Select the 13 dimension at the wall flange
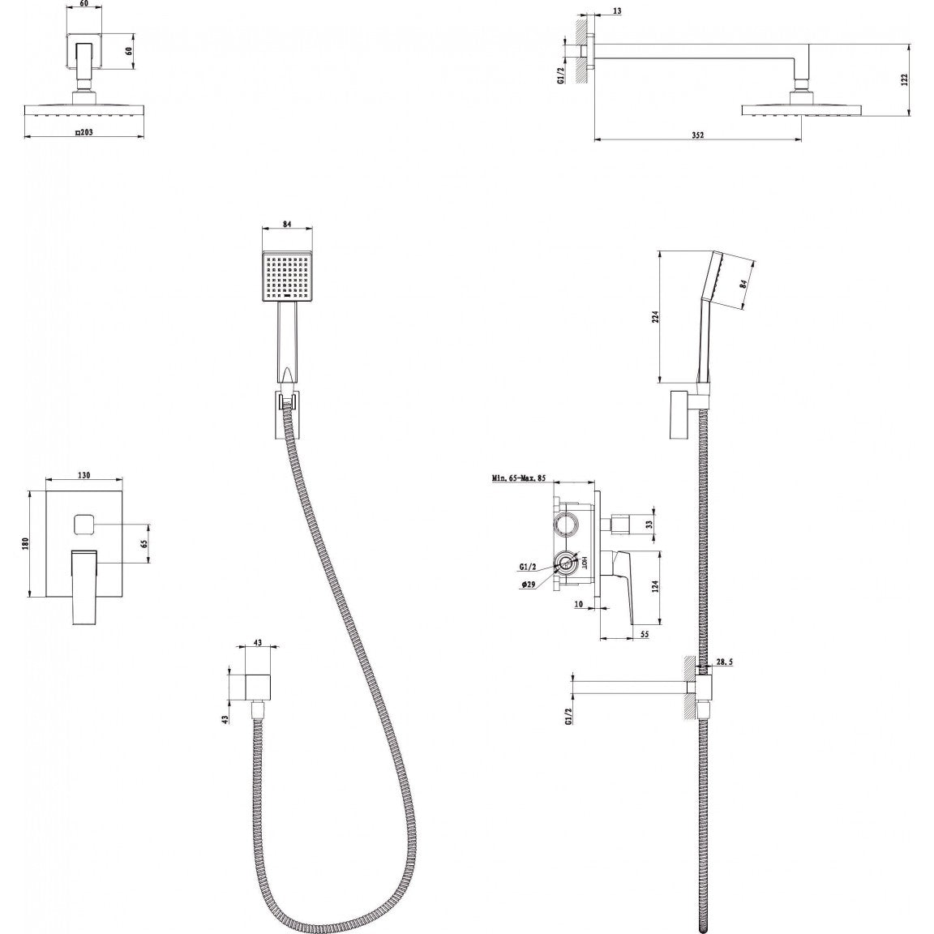619,11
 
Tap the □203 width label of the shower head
85,132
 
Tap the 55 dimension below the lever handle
644,635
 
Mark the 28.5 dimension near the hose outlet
725,662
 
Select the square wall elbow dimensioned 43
259,686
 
